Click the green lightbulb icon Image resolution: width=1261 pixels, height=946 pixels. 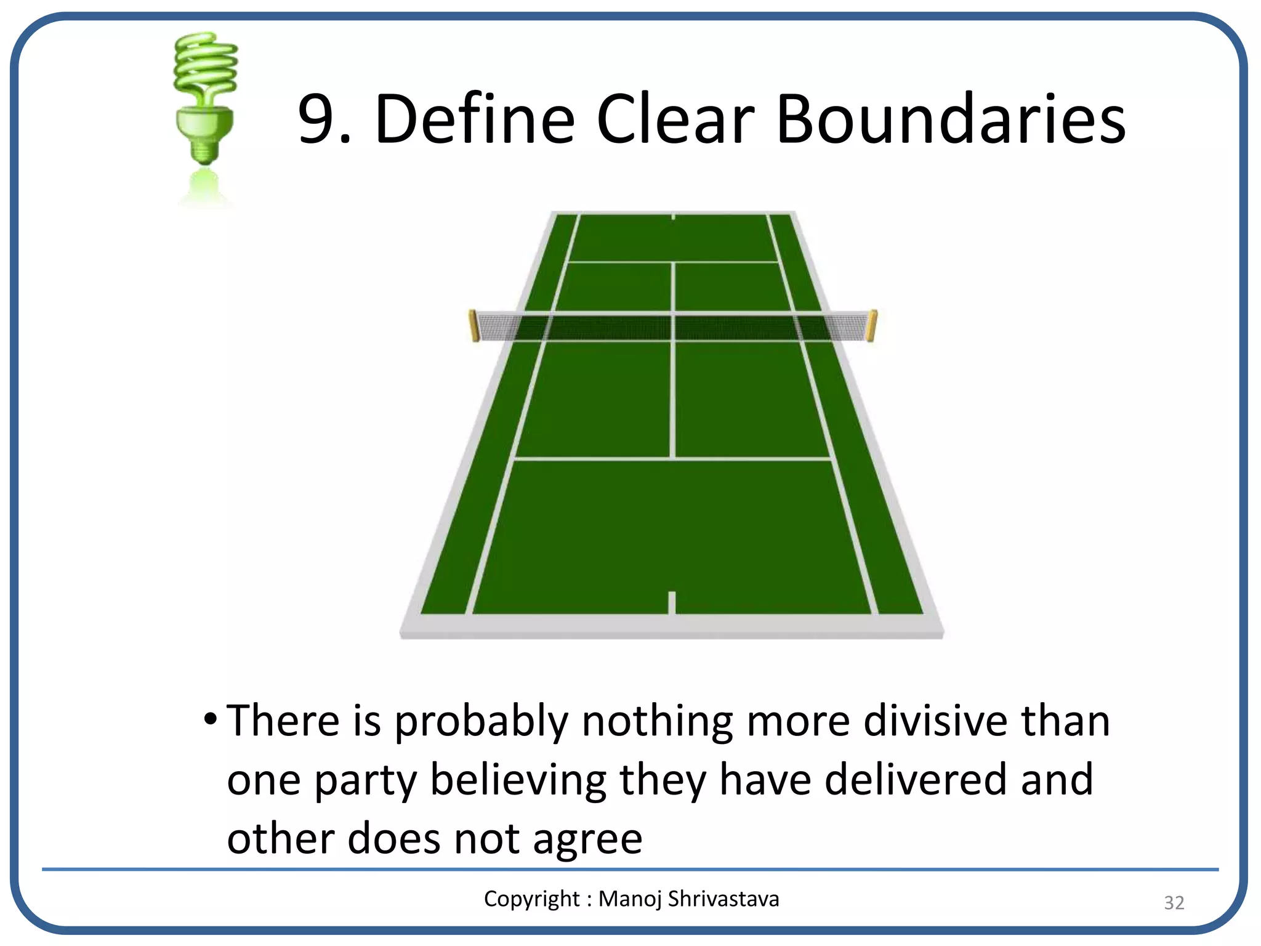205,99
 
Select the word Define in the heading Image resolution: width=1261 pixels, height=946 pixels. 474,119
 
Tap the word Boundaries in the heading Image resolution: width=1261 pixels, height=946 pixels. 951,119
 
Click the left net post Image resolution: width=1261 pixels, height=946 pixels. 474,326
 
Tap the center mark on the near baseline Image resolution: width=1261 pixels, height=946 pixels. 672,602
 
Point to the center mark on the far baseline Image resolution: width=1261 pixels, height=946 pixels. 673,217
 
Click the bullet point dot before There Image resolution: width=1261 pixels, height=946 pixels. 211,719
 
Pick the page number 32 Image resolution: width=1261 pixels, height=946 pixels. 1174,903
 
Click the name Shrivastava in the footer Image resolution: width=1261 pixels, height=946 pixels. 723,899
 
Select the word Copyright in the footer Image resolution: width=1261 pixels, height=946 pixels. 531,899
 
